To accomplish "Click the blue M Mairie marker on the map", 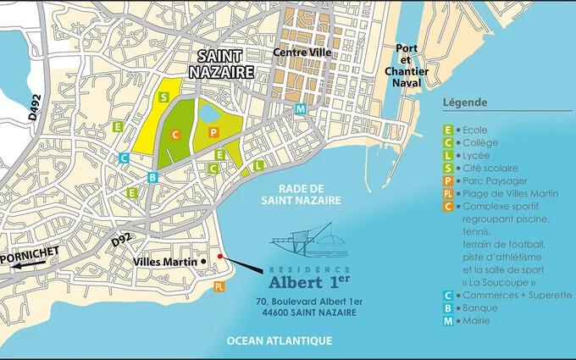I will coord(301,108).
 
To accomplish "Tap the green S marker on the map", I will coord(163,97).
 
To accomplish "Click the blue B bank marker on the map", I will coord(152,176).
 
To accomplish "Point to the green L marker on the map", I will coord(258,165).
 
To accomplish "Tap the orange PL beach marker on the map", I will coord(219,287).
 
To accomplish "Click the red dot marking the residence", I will coord(220,255).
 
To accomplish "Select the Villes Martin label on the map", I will coord(166,262).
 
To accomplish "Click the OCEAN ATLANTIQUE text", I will coord(279,341).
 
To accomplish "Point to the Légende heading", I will coord(464,102).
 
